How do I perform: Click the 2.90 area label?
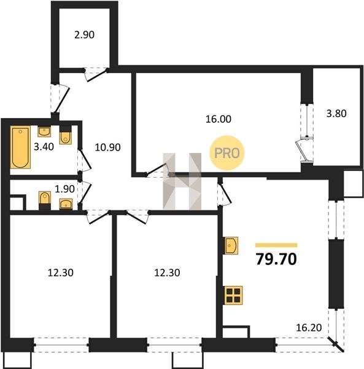(84, 35)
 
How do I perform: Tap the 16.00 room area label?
(219, 119)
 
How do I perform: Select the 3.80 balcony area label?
(336, 114)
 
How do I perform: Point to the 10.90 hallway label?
(108, 148)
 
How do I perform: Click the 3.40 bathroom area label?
(44, 147)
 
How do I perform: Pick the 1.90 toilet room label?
(64, 189)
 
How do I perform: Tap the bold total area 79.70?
(276, 260)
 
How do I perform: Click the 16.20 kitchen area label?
(309, 328)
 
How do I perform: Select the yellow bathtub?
(20, 148)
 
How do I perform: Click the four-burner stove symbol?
(234, 295)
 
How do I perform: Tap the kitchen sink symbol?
(231, 245)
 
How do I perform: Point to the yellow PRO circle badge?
(227, 153)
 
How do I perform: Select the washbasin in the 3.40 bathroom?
(44, 132)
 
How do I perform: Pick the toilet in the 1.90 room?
(45, 200)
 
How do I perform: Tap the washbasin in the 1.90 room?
(66, 204)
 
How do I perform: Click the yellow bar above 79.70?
(276, 245)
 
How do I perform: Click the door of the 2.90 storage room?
(96, 74)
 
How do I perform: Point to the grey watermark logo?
(182, 181)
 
